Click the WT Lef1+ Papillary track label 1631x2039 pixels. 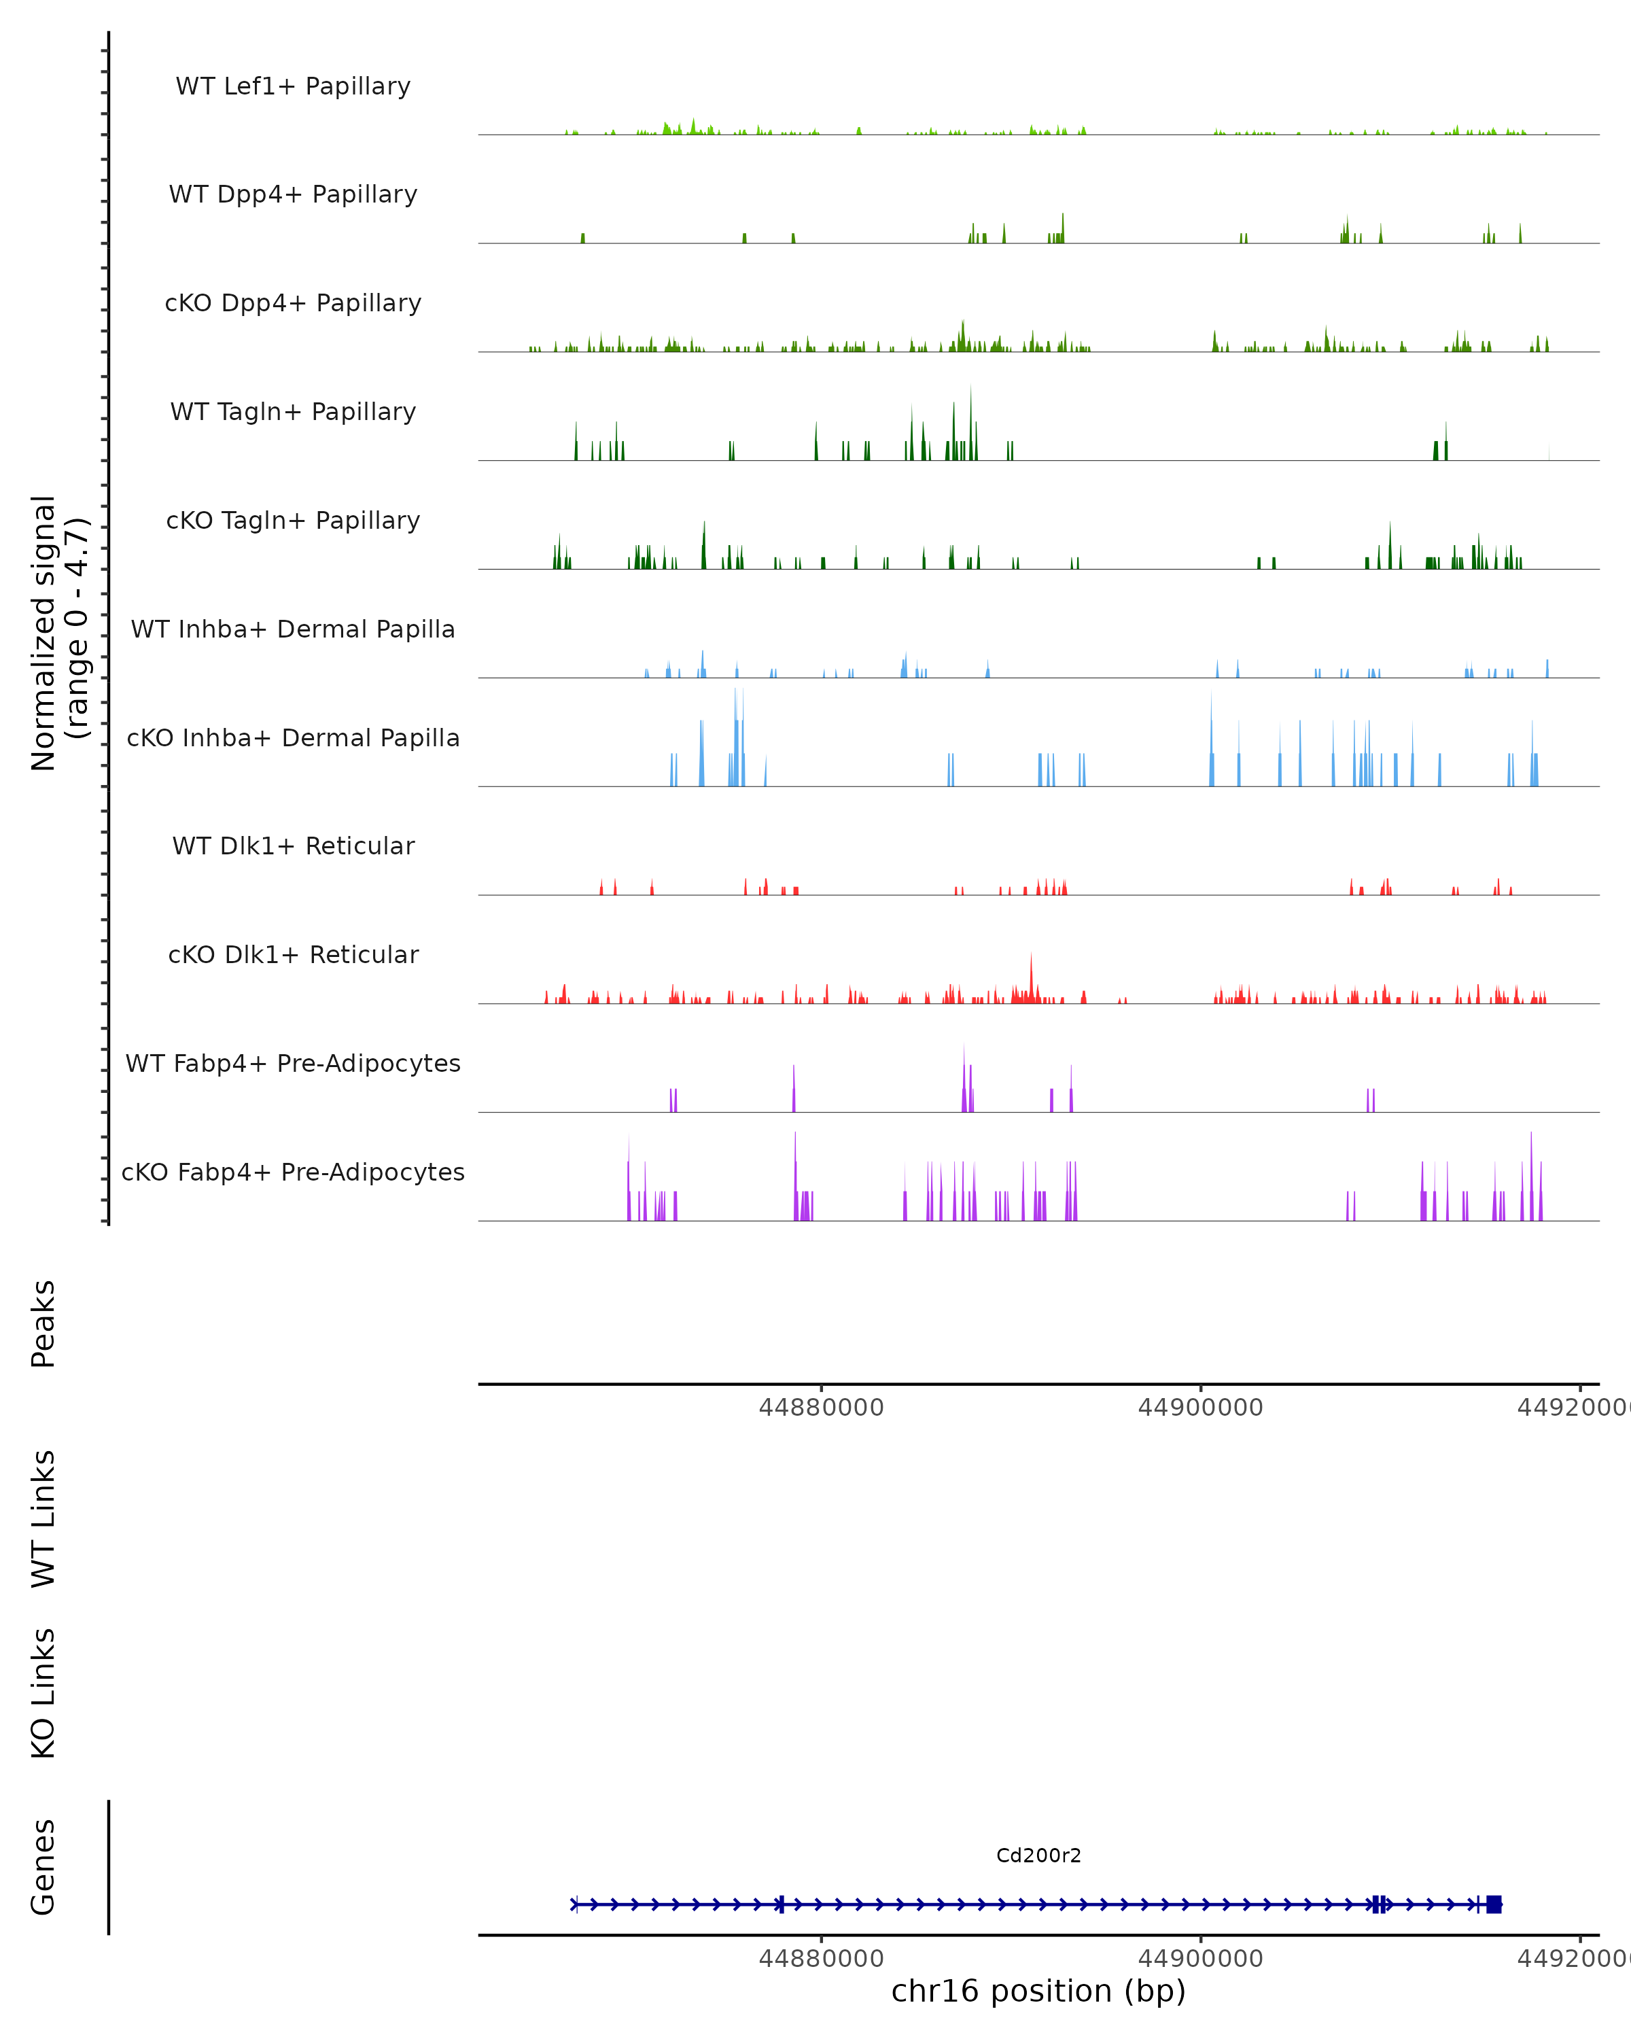point(293,86)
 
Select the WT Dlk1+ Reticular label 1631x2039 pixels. point(293,846)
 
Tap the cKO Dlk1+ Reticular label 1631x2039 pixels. point(293,954)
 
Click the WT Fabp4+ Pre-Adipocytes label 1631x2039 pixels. point(293,1063)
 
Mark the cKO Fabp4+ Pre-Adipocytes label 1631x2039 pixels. point(293,1172)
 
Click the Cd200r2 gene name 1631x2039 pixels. point(1038,1855)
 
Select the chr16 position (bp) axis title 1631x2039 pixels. point(1038,1991)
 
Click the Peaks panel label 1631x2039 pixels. point(43,1323)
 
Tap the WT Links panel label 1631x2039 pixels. point(43,1518)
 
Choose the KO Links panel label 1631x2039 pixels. point(43,1693)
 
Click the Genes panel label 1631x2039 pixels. point(43,1867)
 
